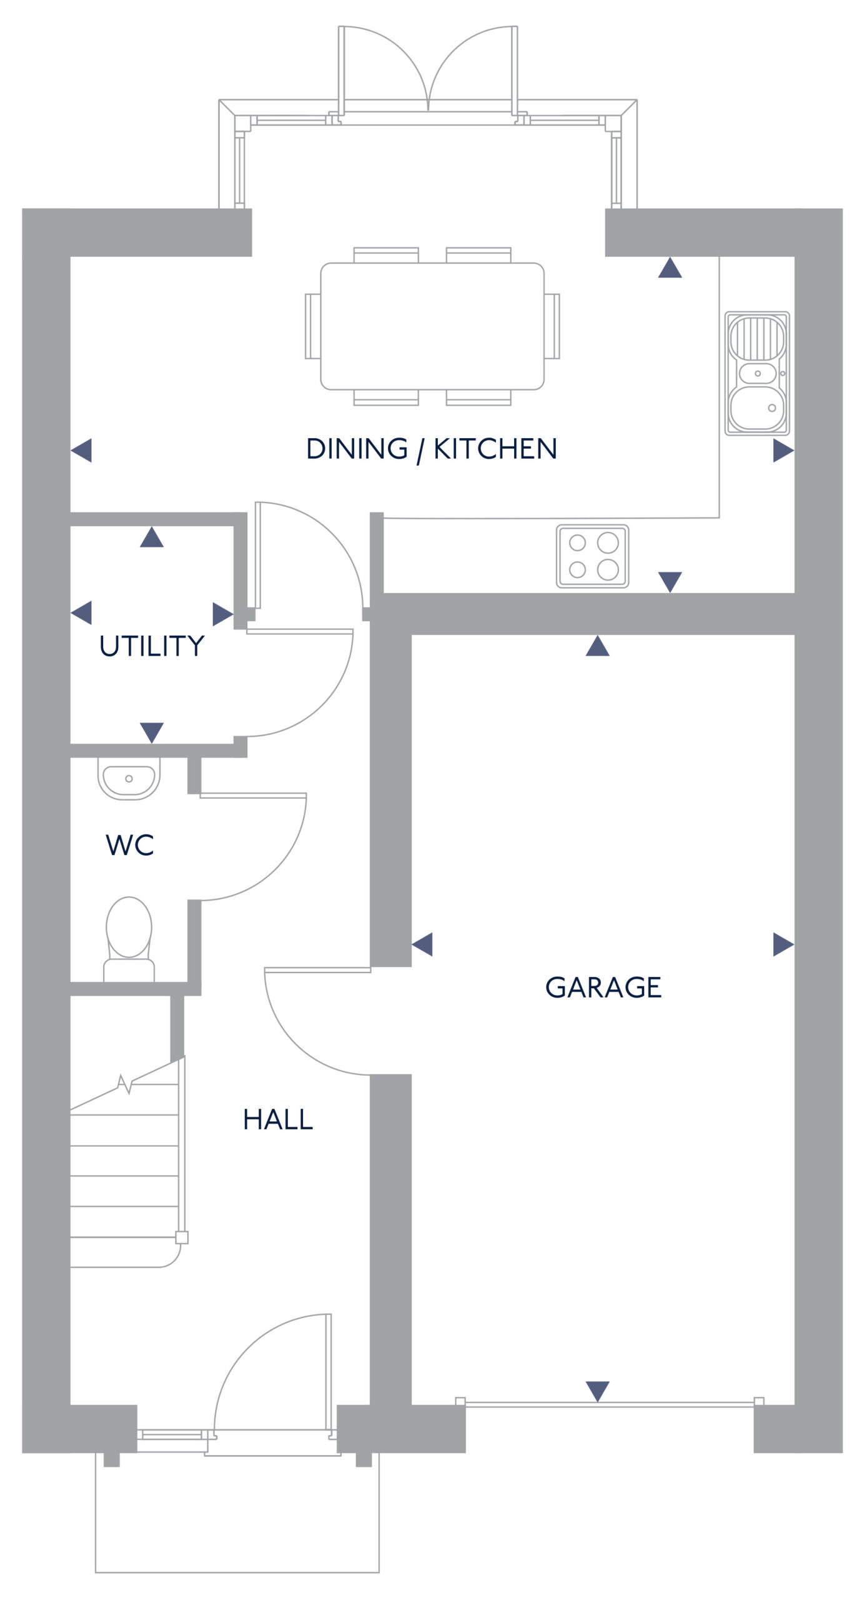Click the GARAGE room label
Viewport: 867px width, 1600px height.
[x=603, y=987]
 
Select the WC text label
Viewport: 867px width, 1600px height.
[x=130, y=845]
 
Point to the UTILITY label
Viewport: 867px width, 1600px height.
[x=152, y=646]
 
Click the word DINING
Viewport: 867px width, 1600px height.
[x=357, y=449]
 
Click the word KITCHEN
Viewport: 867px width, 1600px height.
[x=495, y=449]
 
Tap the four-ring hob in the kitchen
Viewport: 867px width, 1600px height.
[x=592, y=556]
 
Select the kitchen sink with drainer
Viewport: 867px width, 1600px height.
[x=757, y=373]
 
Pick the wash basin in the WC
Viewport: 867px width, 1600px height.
[x=129, y=779]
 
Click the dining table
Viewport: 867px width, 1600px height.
[x=432, y=326]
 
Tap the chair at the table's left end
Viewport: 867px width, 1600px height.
[x=312, y=326]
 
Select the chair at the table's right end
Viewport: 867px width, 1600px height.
[x=552, y=326]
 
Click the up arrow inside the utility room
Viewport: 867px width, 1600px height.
[x=152, y=537]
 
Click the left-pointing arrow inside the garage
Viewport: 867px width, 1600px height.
[x=422, y=944]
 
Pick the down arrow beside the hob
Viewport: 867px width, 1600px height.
[x=670, y=582]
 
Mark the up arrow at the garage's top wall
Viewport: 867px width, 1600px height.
[x=598, y=646]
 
